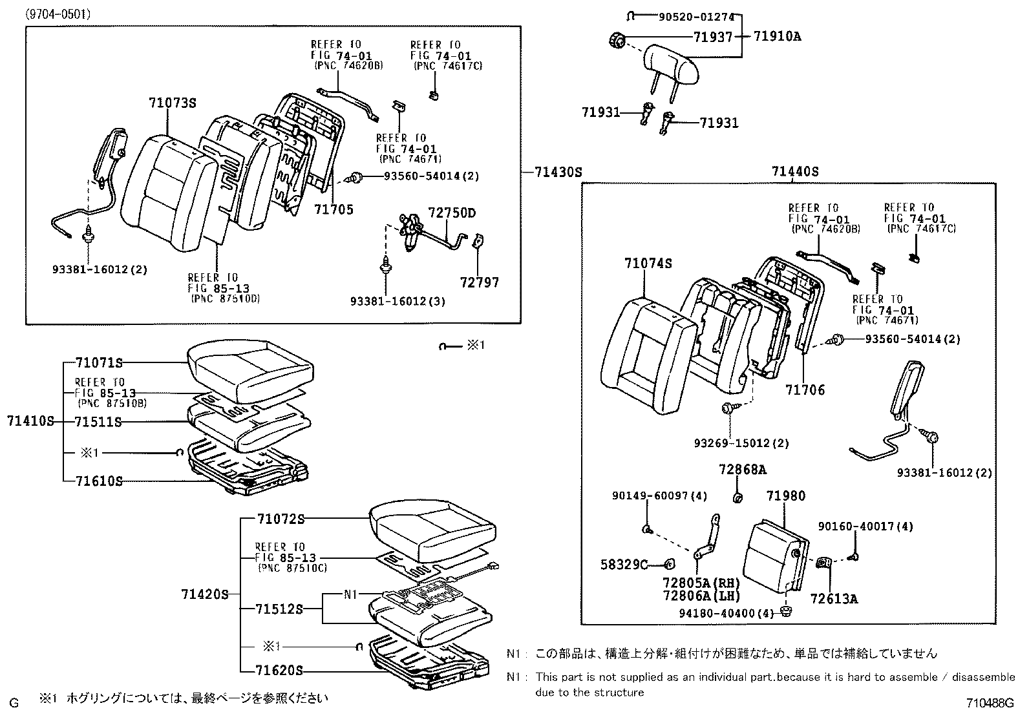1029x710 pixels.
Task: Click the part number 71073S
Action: click(172, 103)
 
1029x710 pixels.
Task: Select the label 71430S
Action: click(558, 172)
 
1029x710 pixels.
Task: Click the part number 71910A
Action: click(777, 36)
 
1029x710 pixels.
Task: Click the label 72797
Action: click(480, 282)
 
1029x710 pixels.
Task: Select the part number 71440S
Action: click(795, 172)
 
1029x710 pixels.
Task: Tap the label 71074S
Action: click(648, 263)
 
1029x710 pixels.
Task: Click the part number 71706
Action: click(805, 390)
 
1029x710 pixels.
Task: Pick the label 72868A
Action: click(742, 469)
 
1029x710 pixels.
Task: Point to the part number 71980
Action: click(786, 496)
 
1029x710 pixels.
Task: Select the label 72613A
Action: click(834, 599)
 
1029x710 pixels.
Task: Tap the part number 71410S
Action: click(30, 421)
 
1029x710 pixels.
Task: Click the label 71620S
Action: click(279, 671)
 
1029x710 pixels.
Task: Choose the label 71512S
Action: click(279, 609)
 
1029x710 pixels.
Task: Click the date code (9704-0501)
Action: click(58, 14)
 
